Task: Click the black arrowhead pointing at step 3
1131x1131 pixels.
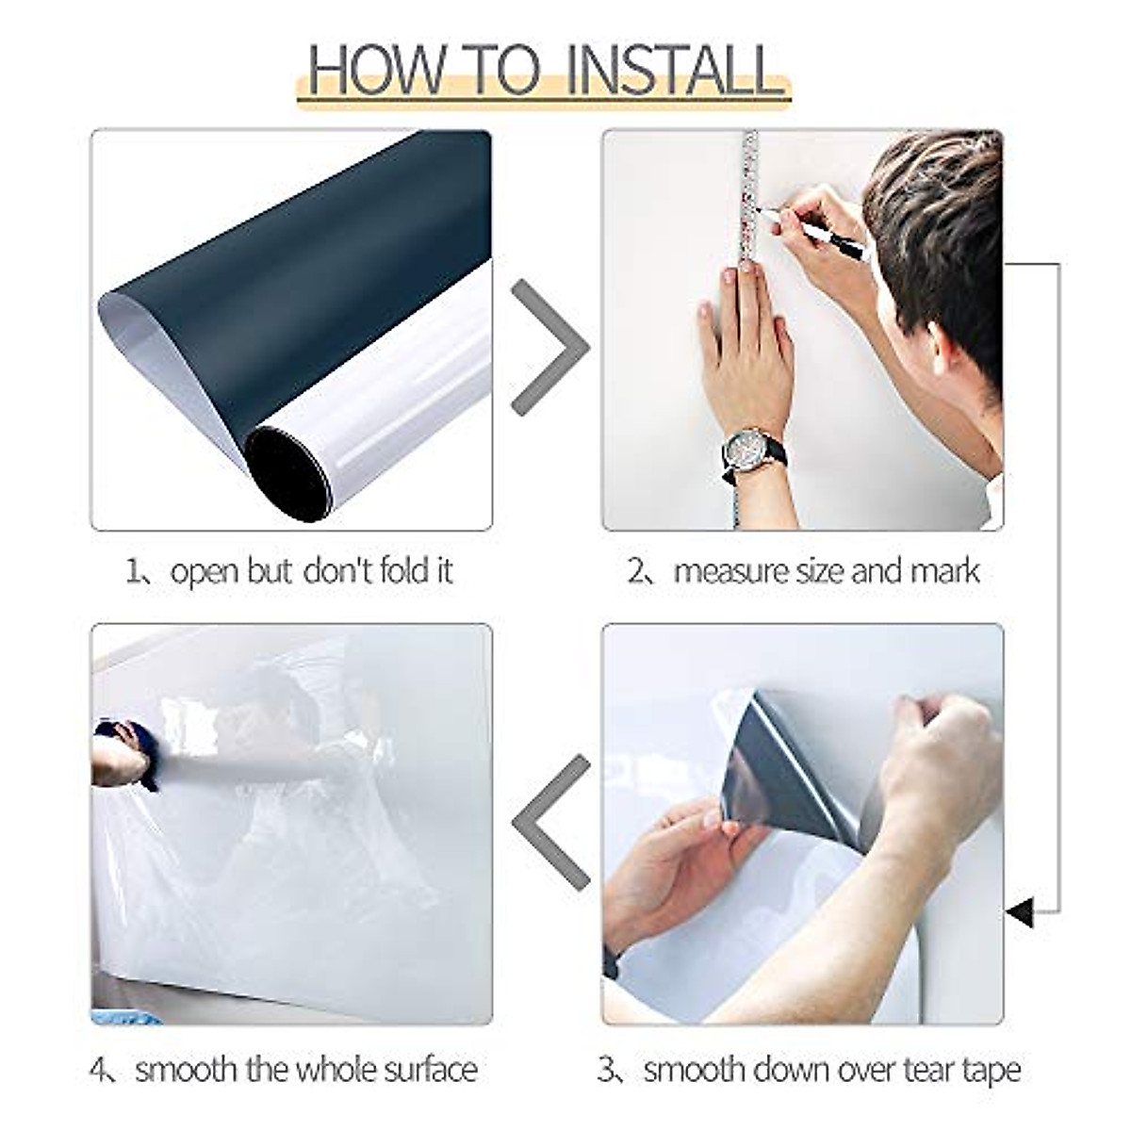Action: (x=1020, y=911)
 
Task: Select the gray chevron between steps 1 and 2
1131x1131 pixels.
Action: (x=549, y=349)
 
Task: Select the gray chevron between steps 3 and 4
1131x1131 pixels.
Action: (x=550, y=822)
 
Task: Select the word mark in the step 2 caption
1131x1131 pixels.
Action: (x=944, y=572)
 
